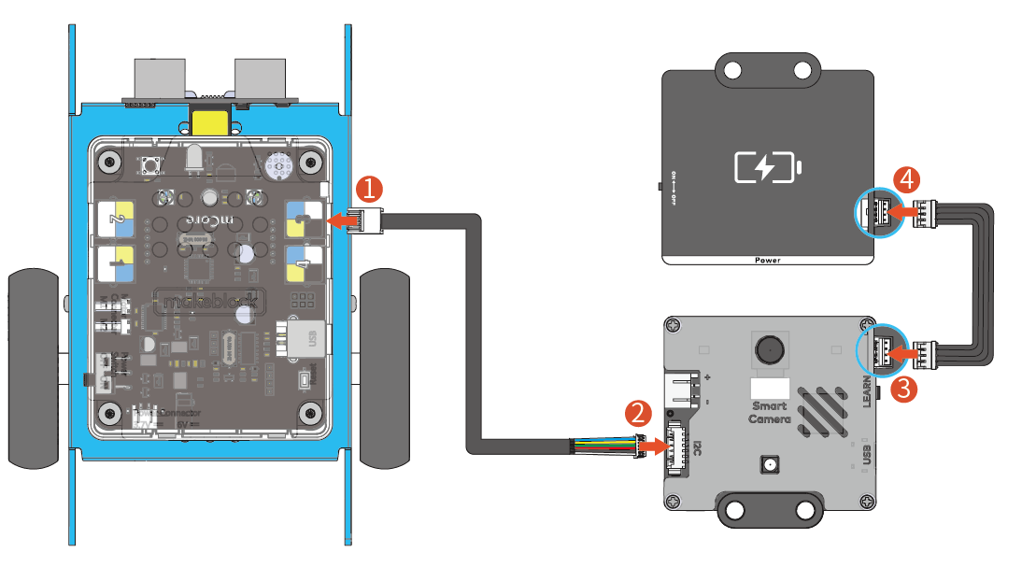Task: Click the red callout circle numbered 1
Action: click(370, 189)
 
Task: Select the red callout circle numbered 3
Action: click(903, 389)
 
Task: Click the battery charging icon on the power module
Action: click(767, 168)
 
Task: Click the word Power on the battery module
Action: click(767, 260)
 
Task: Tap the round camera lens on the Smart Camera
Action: click(770, 350)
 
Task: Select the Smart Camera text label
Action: click(768, 413)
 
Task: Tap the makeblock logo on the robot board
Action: click(210, 302)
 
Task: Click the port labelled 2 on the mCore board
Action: click(117, 219)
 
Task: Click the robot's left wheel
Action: click(36, 369)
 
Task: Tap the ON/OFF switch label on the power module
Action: click(672, 188)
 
